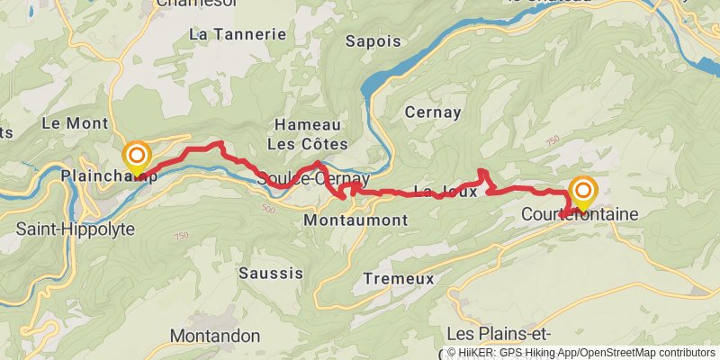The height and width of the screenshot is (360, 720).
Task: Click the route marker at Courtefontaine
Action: click(583, 192)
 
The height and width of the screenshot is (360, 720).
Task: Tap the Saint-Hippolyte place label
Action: click(76, 229)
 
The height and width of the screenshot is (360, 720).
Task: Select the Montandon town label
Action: click(215, 336)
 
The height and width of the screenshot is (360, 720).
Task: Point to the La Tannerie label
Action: click(238, 34)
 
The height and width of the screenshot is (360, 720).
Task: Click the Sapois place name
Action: click(373, 40)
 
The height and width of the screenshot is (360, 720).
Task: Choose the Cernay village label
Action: click(433, 112)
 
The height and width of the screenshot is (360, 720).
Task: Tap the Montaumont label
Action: click(355, 220)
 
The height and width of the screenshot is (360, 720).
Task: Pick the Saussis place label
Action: click(271, 272)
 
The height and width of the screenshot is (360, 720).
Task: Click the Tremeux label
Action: click(399, 279)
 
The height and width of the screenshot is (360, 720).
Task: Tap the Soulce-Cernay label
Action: click(301, 179)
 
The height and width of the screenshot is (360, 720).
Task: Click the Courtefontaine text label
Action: click(580, 215)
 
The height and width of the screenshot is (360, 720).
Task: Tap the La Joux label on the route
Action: click(437, 191)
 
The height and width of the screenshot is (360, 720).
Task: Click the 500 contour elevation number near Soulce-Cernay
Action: click(267, 209)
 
